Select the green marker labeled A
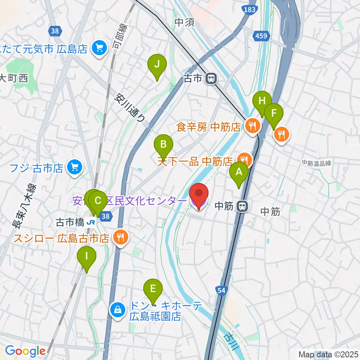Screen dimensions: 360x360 (x=239, y=172)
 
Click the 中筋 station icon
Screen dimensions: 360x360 (x=243, y=206)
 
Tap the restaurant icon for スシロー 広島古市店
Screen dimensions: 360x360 (x=120, y=237)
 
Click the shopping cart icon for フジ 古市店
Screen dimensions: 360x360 (x=75, y=167)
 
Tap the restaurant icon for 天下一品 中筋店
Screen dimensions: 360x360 (x=244, y=159)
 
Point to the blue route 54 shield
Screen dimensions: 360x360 (x=221, y=290)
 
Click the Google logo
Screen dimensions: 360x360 (x=25, y=351)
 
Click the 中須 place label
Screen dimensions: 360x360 (x=184, y=23)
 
